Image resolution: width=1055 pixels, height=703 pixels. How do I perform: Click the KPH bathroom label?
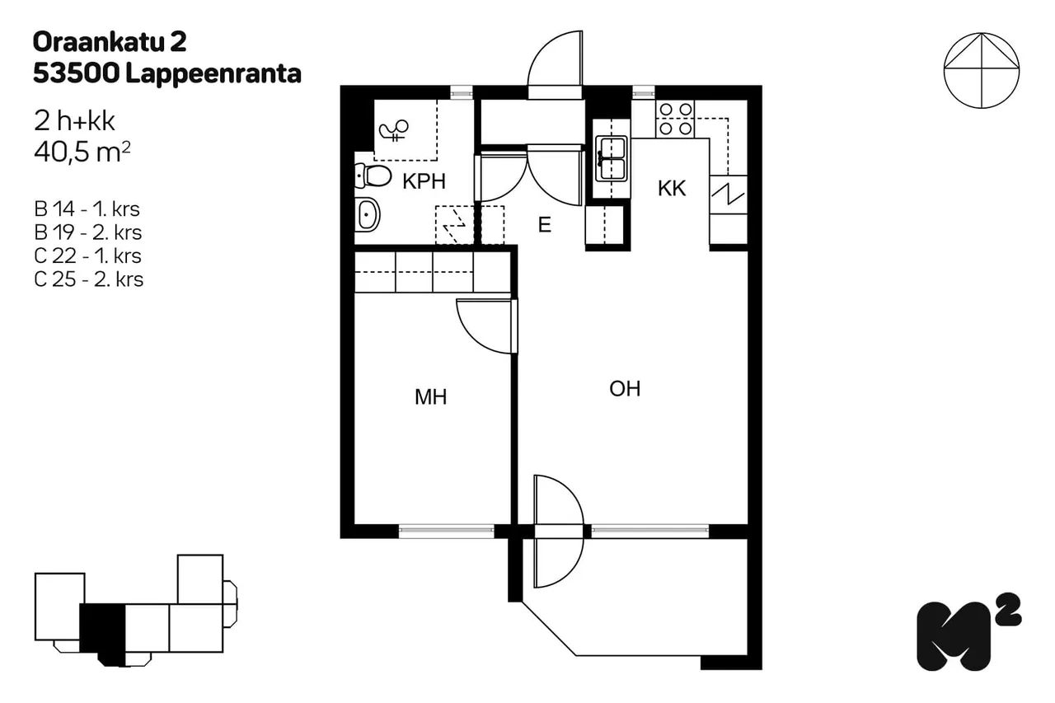point(424,181)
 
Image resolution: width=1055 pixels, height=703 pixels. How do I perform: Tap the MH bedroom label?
point(430,397)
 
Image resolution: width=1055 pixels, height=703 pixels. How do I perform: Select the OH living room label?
point(625,389)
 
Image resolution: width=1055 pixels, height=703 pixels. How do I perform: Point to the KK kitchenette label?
point(672,189)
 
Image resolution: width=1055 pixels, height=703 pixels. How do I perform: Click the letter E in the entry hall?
point(545,225)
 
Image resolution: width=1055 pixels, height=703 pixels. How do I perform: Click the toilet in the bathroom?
point(373,176)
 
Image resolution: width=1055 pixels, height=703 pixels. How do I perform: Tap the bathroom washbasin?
point(367,215)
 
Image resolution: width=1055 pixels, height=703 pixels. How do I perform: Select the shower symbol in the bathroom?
point(394,129)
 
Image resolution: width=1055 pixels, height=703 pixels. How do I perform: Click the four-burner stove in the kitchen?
point(675,119)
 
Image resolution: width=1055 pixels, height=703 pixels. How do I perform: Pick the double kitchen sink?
point(612,159)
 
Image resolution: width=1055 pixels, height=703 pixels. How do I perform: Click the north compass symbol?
point(982,71)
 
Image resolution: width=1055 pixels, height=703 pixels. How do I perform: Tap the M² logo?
point(968,631)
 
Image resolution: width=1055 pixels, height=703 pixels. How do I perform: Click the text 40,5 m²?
point(82,152)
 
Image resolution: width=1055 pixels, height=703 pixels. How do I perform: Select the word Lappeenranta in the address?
point(213,74)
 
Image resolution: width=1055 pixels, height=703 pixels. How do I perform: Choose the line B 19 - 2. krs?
point(87,232)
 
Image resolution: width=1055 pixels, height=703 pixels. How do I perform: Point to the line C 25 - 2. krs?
point(88,279)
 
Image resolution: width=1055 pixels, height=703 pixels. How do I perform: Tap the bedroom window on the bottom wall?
point(447,531)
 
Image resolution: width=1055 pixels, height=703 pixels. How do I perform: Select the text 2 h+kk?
point(74,121)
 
